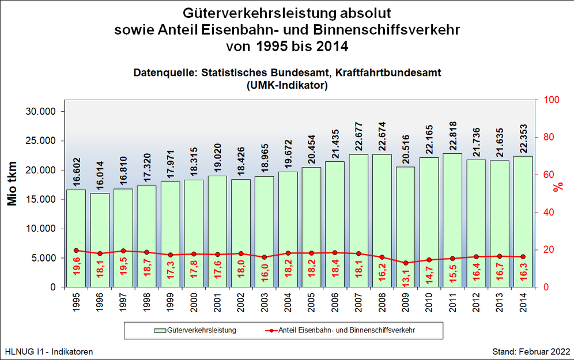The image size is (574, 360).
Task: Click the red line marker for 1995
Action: coord(76,251)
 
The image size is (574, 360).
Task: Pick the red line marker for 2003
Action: coord(265,257)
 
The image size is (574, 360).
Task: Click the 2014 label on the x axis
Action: coord(523,301)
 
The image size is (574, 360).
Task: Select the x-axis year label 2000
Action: coord(194,301)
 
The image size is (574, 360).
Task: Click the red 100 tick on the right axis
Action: coord(545,100)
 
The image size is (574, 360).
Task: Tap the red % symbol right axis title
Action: coord(558,186)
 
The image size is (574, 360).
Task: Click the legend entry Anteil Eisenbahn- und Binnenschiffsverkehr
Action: coord(346,331)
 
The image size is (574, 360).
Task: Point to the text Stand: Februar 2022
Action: coord(531,351)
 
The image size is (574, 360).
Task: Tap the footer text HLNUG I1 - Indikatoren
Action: coord(48,351)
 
